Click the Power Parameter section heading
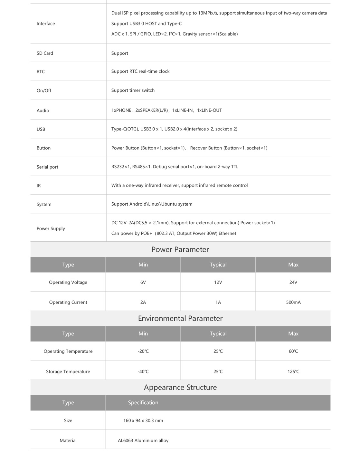(180, 249)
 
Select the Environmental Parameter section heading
(180, 318)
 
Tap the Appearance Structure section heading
(180, 387)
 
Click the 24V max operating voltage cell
(293, 282)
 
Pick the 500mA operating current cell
(293, 302)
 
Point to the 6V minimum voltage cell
(143, 282)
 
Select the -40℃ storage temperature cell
(143, 371)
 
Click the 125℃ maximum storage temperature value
(293, 371)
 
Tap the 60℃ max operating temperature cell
(293, 351)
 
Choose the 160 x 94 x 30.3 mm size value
(143, 420)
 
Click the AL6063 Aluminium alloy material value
(143, 440)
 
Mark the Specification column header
(143, 402)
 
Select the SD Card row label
(45, 53)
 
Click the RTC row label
(41, 72)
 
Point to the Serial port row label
(47, 167)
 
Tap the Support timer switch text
(133, 90)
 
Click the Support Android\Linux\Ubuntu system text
(152, 204)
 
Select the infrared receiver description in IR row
(179, 185)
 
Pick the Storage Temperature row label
(68, 371)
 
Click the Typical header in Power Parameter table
(218, 265)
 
